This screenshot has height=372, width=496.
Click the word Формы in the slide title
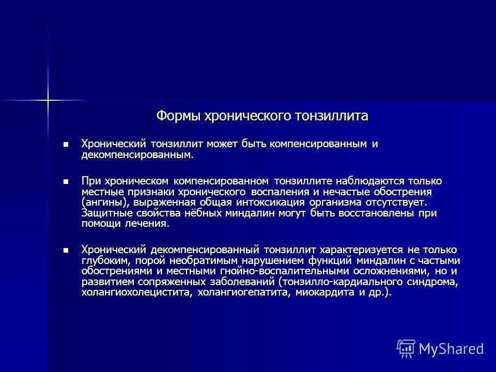coord(178,116)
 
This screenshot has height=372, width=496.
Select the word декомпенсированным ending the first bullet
coord(137,155)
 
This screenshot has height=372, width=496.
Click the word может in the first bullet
coord(222,144)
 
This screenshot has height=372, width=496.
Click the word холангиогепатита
coord(244,292)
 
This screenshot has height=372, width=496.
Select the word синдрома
coord(432,282)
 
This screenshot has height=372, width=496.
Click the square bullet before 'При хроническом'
coord(66,181)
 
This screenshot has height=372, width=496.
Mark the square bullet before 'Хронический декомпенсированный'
coord(66,250)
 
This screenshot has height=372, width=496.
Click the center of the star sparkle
coord(48,100)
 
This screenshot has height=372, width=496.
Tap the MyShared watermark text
coord(452,349)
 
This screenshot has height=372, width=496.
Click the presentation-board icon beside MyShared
coord(406,349)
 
